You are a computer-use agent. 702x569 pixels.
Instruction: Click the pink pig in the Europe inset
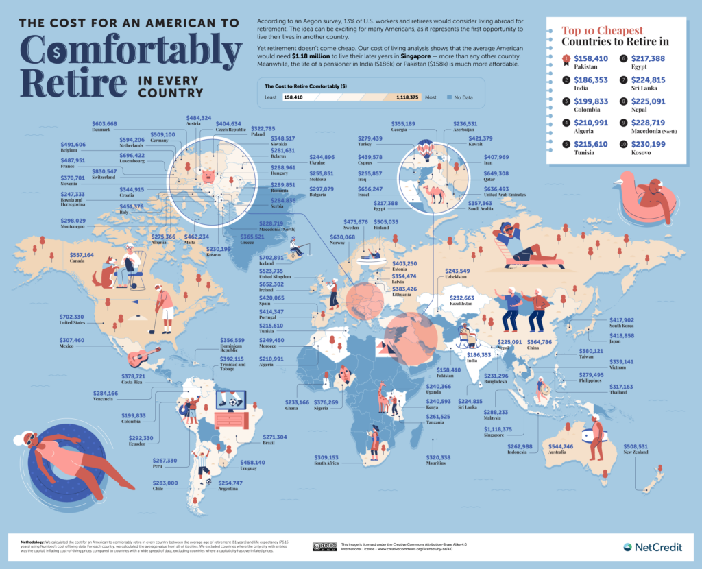click(208, 177)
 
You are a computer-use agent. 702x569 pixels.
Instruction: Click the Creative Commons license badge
click(325, 546)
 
